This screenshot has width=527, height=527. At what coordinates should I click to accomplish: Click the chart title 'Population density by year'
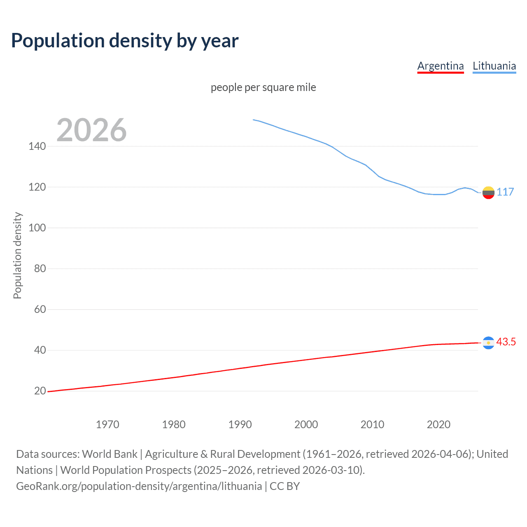pos(125,41)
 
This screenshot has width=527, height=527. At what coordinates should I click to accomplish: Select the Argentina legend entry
pos(440,66)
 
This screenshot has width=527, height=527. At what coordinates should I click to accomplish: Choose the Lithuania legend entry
pos(494,66)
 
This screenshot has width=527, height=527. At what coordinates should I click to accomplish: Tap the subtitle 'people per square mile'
pos(263,88)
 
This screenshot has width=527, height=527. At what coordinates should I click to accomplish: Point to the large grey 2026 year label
pos(91,130)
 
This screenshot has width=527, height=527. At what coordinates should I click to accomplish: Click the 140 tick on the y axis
pos(37,146)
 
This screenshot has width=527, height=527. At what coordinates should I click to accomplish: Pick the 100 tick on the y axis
pos(37,228)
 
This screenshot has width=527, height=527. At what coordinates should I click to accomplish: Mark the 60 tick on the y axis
pos(40,309)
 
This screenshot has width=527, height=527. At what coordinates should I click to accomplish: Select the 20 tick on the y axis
pos(40,391)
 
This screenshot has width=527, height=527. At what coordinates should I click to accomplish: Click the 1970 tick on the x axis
pos(107,424)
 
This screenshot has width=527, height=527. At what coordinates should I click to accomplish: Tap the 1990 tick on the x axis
pos(240,424)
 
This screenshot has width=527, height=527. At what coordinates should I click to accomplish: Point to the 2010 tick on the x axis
pos(372,424)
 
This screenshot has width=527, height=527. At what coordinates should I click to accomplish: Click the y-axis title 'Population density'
pos(17,255)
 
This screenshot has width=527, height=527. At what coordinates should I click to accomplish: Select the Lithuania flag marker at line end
pos(488,192)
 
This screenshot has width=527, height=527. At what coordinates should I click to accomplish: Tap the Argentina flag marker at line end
pos(488,343)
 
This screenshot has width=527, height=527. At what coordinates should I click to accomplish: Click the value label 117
pos(505,192)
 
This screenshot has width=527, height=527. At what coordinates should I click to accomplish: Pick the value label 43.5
pos(506,342)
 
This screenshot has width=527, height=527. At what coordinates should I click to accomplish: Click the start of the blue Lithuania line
pos(253,120)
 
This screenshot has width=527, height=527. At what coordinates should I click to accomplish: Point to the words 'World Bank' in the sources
pos(110,454)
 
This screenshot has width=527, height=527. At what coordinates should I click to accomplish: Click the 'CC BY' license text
pos(284,486)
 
